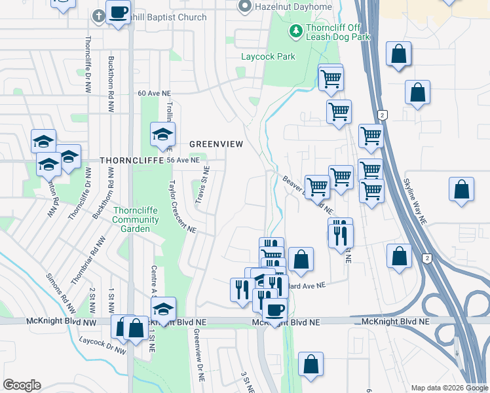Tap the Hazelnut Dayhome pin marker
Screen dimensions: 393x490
click(x=245, y=7)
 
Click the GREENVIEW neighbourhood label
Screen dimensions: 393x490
click(x=216, y=143)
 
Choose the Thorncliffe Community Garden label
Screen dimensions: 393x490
click(x=136, y=220)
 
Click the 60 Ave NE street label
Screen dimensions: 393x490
click(x=155, y=93)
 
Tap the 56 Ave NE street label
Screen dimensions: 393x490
click(x=183, y=160)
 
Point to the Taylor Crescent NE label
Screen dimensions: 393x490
click(x=183, y=206)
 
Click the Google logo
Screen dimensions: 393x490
click(x=22, y=385)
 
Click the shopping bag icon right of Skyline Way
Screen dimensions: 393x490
click(x=461, y=190)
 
